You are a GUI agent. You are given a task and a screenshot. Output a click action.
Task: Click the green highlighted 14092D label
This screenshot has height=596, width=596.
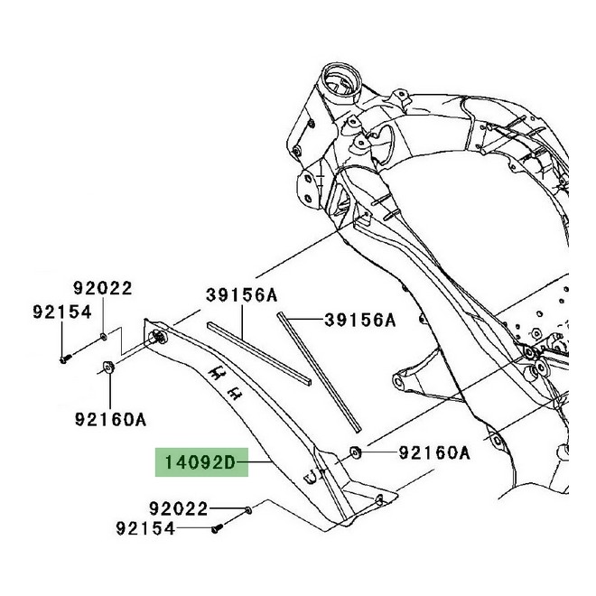(201, 462)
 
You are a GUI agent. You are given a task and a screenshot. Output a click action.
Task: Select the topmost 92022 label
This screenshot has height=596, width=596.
(103, 288)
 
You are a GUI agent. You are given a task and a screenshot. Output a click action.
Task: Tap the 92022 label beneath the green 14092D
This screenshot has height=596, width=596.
(178, 508)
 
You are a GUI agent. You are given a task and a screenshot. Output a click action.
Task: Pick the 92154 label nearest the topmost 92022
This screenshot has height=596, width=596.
(62, 312)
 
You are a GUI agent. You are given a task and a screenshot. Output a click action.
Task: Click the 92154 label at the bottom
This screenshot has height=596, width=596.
(145, 528)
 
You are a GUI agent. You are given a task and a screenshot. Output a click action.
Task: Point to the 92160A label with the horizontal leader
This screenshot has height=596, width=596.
(434, 452)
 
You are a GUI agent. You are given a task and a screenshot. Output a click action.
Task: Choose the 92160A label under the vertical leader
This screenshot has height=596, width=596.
(110, 420)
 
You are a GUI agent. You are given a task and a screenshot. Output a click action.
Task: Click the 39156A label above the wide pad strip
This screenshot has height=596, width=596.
(242, 295)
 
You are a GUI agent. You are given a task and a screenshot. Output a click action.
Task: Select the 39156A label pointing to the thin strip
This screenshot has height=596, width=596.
(360, 320)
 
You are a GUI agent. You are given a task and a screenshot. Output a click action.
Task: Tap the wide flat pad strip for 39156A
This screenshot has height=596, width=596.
(259, 354)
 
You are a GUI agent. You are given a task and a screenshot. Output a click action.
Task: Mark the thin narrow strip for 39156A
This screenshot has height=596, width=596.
(319, 371)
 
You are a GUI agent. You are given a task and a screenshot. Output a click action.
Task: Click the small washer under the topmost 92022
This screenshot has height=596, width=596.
(103, 336)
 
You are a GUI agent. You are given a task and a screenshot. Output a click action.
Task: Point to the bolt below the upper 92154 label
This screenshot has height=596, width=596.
(65, 359)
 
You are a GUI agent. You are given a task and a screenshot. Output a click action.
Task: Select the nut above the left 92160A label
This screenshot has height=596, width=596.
(108, 368)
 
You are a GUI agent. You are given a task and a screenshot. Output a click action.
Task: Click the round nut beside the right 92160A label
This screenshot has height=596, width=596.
(356, 453)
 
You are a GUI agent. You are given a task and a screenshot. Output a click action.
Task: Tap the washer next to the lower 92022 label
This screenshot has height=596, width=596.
(248, 510)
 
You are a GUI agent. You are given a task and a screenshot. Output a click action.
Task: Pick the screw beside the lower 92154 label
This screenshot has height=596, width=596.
(217, 528)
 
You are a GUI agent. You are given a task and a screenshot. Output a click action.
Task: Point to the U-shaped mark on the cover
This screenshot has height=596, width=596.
(312, 477)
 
